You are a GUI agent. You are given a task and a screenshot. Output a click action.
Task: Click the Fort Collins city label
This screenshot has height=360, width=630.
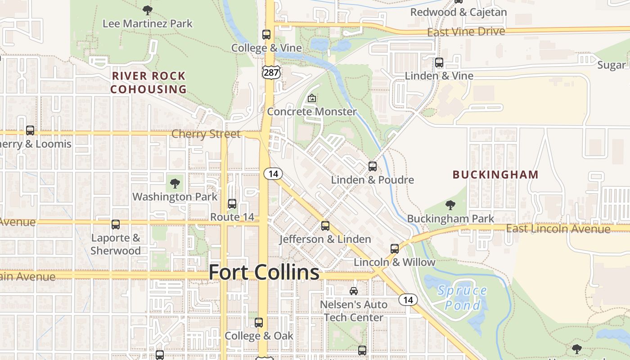pos(264,272)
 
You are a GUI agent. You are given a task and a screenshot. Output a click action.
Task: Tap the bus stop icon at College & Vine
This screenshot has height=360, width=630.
pos(266,35)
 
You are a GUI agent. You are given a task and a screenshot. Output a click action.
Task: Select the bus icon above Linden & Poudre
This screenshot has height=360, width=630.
pos(373,166)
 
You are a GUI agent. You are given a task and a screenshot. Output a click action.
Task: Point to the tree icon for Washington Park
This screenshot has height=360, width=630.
pos(175,184)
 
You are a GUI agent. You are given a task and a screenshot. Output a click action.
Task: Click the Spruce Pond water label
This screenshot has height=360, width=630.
pos(462,298)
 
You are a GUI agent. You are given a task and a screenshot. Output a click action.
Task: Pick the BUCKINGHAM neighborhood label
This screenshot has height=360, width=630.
pos(495,175)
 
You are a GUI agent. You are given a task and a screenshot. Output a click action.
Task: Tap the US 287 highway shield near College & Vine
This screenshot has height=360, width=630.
pos(271,72)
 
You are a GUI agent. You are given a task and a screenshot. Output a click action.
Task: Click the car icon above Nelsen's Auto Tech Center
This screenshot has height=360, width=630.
pos(354,291)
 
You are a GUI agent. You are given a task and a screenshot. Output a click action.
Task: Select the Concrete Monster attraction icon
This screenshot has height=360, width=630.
pos(311,98)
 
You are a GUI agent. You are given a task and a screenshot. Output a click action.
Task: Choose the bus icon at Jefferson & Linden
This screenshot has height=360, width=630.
pos(325,226)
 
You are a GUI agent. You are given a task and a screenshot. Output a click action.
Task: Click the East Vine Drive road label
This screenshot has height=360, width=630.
pos(466,32)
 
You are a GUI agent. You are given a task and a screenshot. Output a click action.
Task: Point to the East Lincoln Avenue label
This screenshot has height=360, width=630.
pos(558,229)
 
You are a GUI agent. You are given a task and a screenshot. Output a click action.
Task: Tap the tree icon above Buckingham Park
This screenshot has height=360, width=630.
pos(450,206)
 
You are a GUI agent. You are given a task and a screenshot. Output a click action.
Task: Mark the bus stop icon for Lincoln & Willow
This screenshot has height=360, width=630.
pos(395,249)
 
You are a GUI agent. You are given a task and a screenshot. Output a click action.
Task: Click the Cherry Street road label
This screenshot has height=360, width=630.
pos(206,134)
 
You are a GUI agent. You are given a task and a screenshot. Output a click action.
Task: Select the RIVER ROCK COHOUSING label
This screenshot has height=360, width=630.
pos(148,82)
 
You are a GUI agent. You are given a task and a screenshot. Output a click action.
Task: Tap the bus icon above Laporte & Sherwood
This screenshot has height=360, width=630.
pos(116,225)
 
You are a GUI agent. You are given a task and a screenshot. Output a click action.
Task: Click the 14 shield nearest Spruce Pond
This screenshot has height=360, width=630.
pos(408,300)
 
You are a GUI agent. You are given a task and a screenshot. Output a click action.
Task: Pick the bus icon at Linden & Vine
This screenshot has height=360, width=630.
pos(439,63)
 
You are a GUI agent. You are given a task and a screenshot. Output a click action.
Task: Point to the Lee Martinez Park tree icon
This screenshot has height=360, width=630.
pos(147,10)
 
